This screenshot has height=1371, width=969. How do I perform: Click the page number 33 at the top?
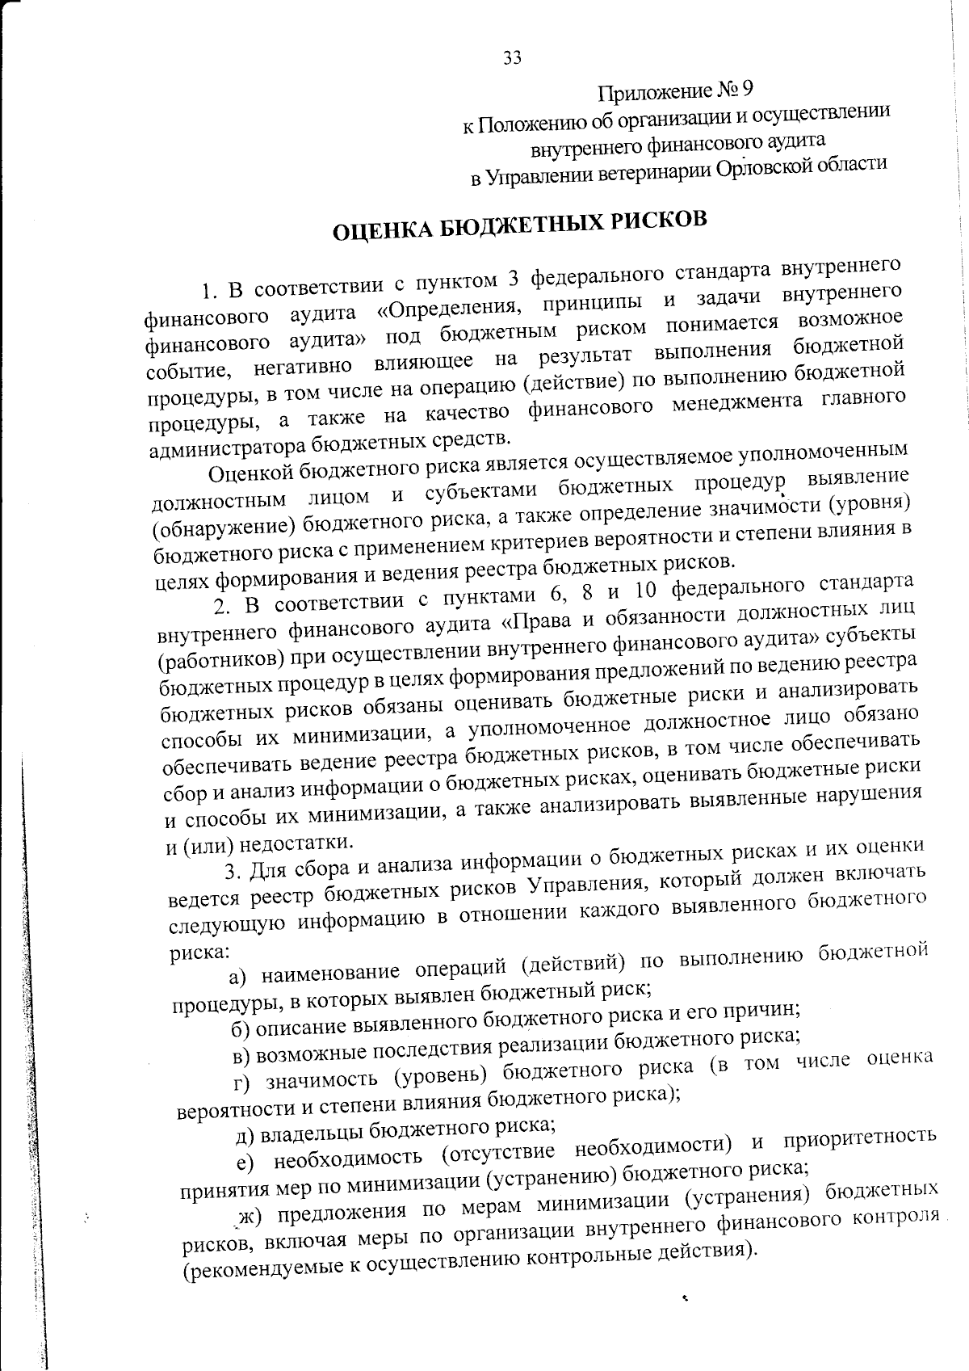[x=512, y=58]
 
